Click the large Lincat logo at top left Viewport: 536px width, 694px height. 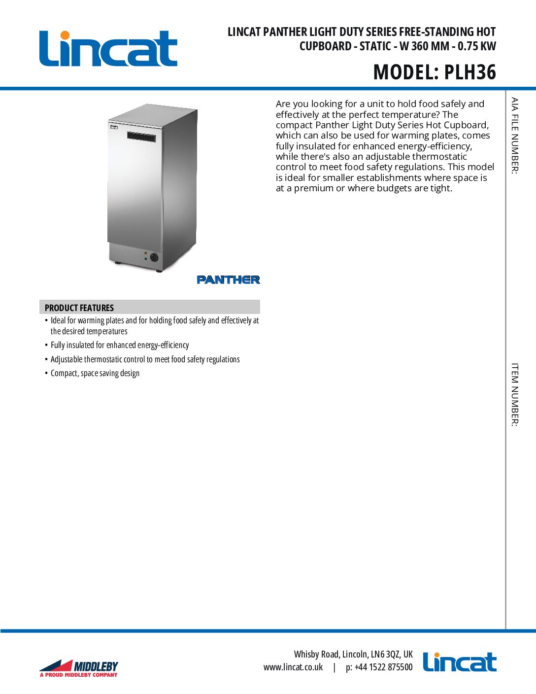click(x=108, y=49)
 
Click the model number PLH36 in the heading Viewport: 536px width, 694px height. click(x=470, y=72)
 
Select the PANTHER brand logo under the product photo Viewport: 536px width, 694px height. click(x=228, y=279)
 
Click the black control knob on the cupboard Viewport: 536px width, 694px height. click(x=154, y=257)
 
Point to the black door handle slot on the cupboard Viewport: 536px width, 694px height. click(x=141, y=137)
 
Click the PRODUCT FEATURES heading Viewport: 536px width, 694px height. click(x=79, y=308)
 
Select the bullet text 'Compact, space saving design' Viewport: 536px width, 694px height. click(x=95, y=373)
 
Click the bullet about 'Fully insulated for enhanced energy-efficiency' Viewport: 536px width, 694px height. click(x=120, y=345)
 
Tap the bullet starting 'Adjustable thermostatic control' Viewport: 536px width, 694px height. click(x=145, y=359)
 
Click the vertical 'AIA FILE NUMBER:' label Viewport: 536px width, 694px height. click(x=514, y=136)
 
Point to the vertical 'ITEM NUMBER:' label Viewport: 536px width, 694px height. click(x=514, y=394)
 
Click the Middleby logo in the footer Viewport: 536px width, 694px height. click(x=79, y=668)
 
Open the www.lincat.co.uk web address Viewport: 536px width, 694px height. click(x=293, y=667)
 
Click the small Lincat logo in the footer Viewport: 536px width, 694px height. click(x=459, y=662)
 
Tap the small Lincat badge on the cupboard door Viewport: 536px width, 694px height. click(x=114, y=127)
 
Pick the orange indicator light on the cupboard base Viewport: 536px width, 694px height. click(x=145, y=253)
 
